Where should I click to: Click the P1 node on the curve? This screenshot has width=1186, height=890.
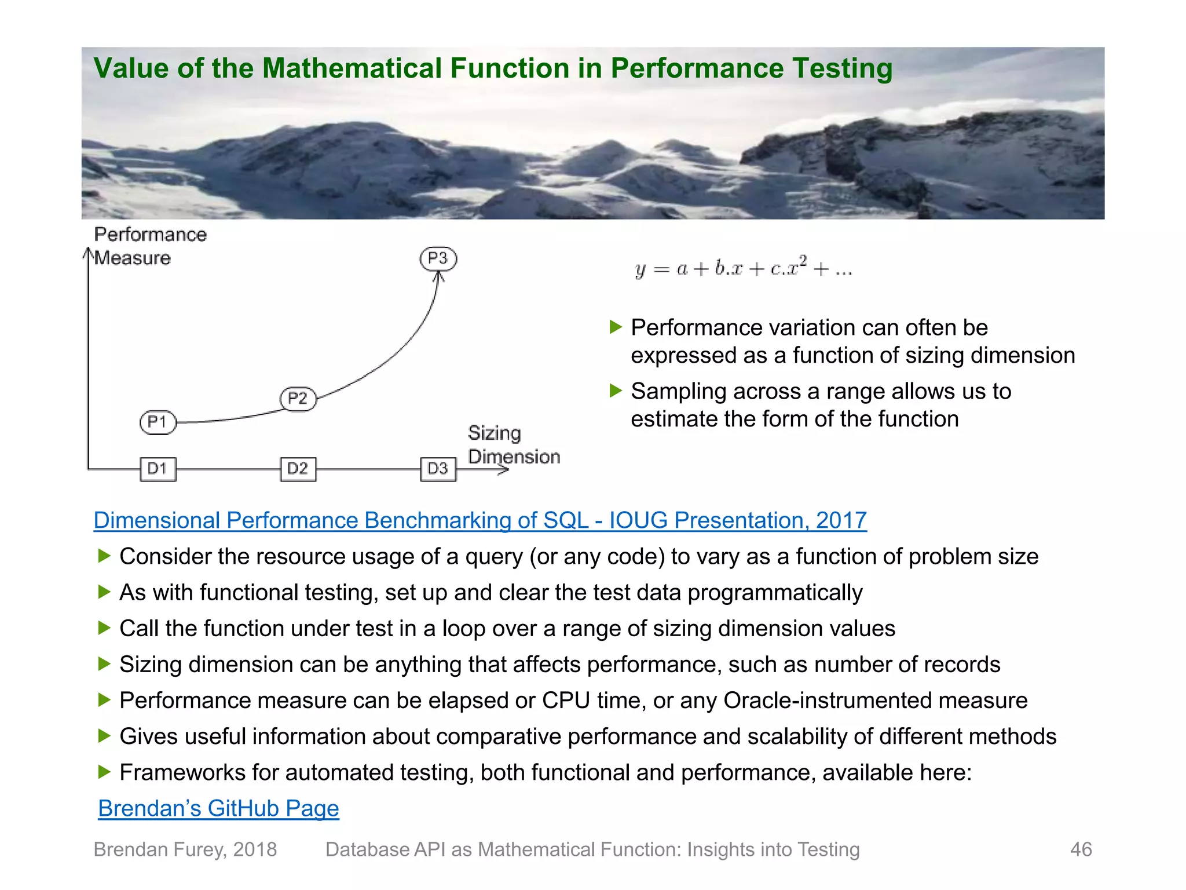click(x=158, y=422)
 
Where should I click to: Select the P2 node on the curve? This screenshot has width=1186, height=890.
click(x=298, y=399)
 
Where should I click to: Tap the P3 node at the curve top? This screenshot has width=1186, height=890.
click(x=438, y=258)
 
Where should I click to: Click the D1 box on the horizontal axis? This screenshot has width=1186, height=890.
click(x=158, y=469)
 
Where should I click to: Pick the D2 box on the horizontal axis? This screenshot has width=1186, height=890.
click(x=298, y=469)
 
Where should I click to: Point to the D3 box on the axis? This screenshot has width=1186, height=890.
click(x=438, y=469)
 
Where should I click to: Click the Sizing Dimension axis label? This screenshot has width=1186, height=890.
click(x=513, y=445)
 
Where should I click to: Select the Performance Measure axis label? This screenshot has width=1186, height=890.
click(x=149, y=246)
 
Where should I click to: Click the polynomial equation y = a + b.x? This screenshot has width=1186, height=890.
click(x=744, y=268)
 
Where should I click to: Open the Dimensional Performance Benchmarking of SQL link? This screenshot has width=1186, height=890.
click(x=479, y=520)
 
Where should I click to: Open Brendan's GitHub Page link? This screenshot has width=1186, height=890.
click(x=218, y=808)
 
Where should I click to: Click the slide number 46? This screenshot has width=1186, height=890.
click(x=1081, y=849)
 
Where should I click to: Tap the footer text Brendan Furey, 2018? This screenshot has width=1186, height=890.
click(x=185, y=849)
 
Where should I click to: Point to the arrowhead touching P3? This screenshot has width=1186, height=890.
click(x=439, y=277)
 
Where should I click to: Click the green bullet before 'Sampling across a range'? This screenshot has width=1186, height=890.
click(x=616, y=391)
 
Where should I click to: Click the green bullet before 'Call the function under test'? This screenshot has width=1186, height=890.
click(x=104, y=628)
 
